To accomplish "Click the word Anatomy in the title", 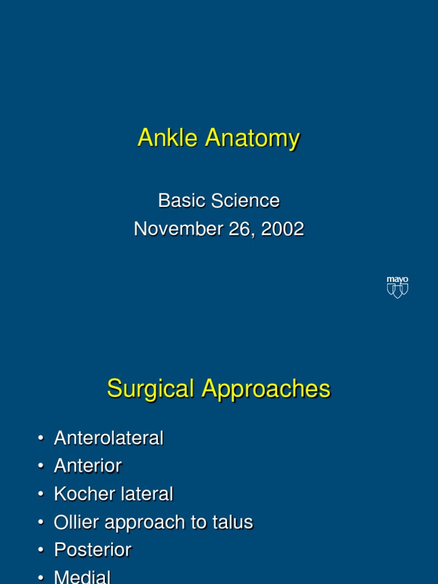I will [252, 139].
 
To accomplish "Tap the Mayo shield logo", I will [398, 287].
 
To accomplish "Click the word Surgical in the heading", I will [149, 389].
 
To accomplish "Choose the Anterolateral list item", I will [108, 438].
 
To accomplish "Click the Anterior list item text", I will [88, 466].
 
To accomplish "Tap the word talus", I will [234, 522].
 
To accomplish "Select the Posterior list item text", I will [92, 550].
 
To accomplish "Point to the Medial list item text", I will [82, 577].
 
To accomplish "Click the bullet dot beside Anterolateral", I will [40, 439].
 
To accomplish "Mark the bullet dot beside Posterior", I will [40, 550].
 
